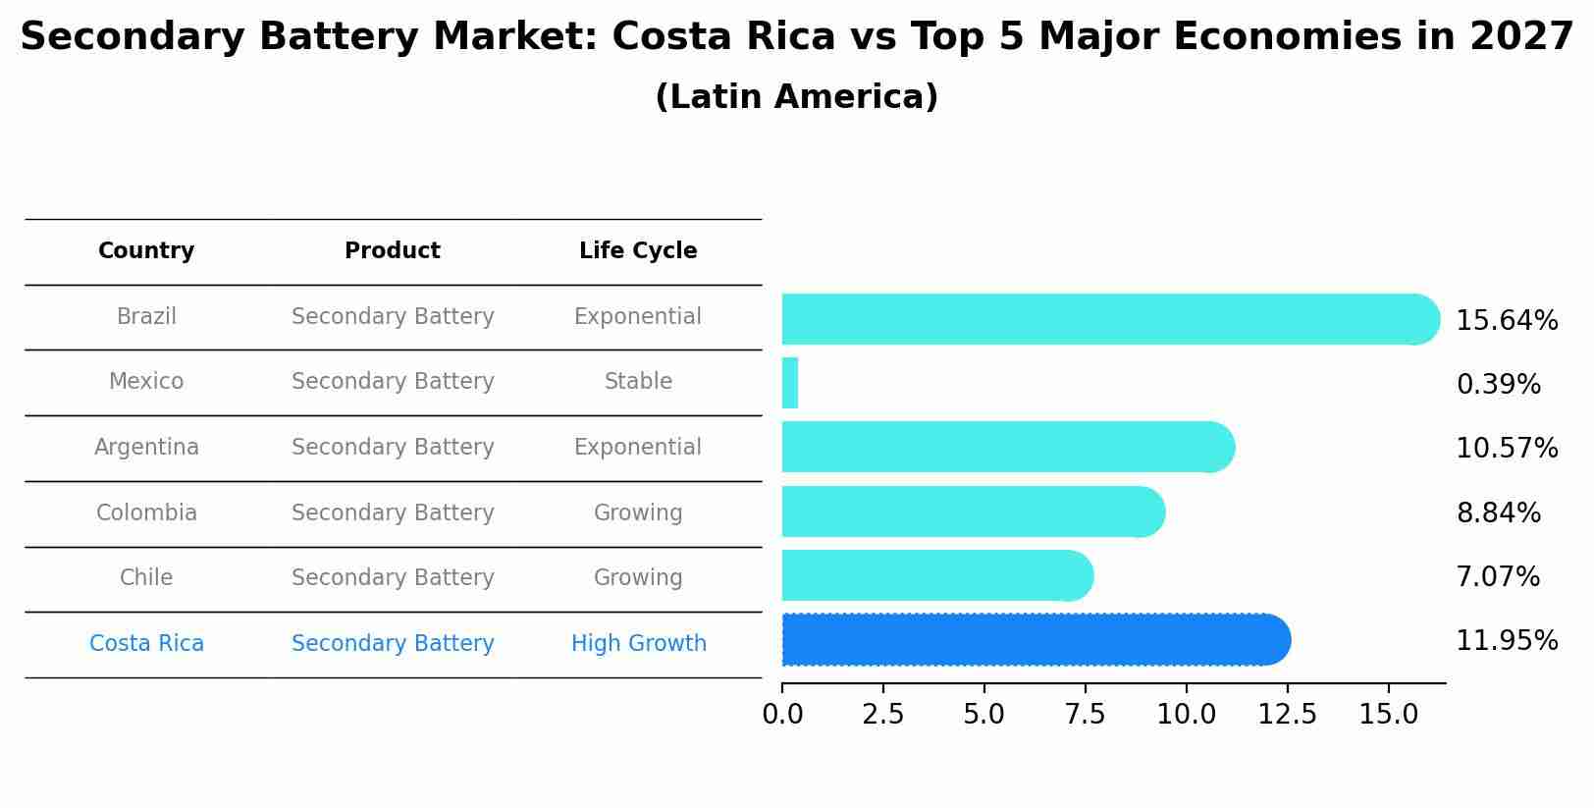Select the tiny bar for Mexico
(x=790, y=383)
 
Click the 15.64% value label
(x=1507, y=321)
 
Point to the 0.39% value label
(x=1498, y=385)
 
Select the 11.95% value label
(x=1507, y=641)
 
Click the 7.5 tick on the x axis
(x=1085, y=715)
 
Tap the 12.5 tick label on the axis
(x=1287, y=715)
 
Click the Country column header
(x=146, y=251)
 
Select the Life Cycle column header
(x=638, y=251)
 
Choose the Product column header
(x=393, y=251)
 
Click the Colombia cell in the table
(x=146, y=513)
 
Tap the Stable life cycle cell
(x=638, y=382)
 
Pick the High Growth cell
(x=638, y=644)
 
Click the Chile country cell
(x=146, y=578)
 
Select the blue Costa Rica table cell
(x=146, y=644)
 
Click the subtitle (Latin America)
(x=796, y=97)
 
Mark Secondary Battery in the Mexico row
(x=393, y=382)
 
